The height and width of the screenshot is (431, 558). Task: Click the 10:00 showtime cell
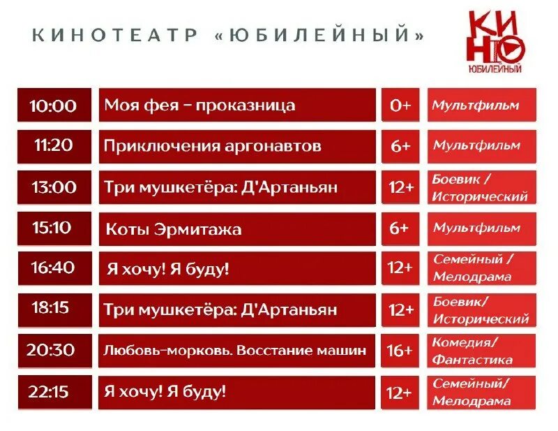coord(54,105)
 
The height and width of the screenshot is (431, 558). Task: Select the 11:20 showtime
coord(54,146)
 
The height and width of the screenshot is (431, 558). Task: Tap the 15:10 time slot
coord(54,228)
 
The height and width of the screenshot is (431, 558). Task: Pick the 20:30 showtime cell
coord(54,350)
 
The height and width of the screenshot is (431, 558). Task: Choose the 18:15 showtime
coord(54,309)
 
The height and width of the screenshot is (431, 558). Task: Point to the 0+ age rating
coord(400,105)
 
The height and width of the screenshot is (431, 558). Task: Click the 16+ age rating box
coord(400,350)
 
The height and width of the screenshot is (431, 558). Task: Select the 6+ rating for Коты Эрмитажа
coord(400,228)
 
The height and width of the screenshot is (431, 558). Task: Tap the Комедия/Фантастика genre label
coord(482,351)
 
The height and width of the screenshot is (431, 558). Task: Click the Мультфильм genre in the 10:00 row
coord(482,105)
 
